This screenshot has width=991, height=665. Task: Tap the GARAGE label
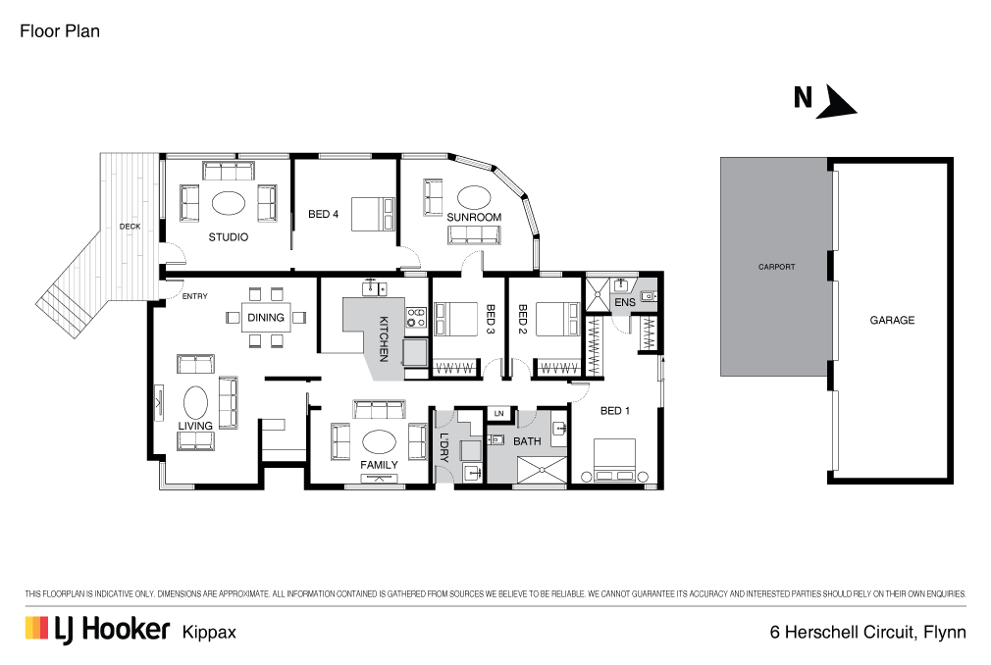coord(892,320)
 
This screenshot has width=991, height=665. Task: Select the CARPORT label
coord(777,267)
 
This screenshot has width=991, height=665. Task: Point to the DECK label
coord(130,227)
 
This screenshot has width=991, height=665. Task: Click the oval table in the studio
coord(229,203)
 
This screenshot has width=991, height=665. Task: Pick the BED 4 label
coord(323,214)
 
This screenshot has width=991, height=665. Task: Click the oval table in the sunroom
coord(474,197)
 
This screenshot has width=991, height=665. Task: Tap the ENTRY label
coord(194,296)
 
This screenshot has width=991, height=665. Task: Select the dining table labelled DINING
coord(266,317)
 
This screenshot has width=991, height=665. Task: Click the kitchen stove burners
coord(416,317)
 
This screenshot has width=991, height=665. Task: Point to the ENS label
coord(624,302)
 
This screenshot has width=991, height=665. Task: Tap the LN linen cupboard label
coord(499,414)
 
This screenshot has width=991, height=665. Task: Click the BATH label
coord(527,441)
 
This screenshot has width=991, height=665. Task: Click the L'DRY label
coord(443,447)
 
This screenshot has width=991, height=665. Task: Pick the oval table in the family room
coord(379,442)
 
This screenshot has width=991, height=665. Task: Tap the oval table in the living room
coord(195,402)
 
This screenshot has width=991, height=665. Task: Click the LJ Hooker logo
coord(98,630)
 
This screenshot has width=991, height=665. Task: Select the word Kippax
coord(209,633)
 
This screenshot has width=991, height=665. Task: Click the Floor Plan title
coord(60,31)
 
